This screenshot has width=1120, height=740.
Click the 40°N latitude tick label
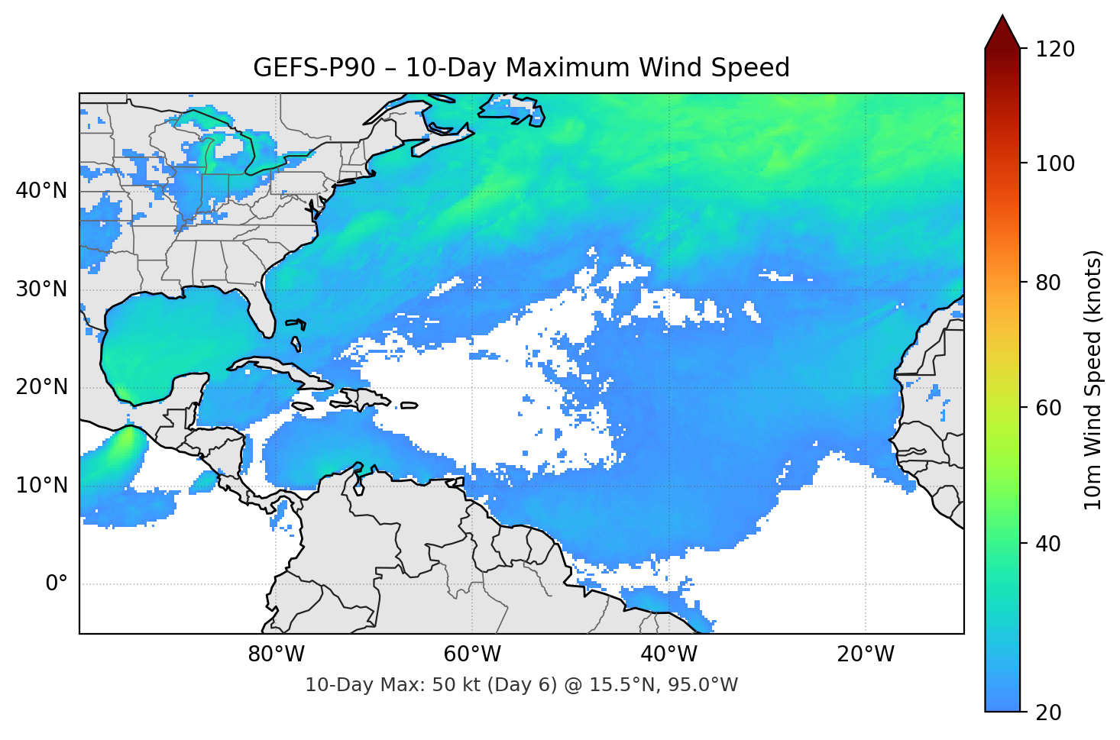[x=41, y=191]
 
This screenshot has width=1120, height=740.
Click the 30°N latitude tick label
[x=41, y=289]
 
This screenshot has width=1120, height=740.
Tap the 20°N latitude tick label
[x=41, y=387]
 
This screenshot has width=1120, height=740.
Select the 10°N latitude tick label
[x=41, y=486]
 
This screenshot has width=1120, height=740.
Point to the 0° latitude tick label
[x=57, y=584]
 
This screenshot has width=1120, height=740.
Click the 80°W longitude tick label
[x=276, y=654]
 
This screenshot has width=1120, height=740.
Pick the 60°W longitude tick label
[x=472, y=654]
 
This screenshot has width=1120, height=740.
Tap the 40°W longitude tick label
[x=669, y=654]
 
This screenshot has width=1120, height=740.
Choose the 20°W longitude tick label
[x=866, y=654]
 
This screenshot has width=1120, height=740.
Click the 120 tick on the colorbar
[x=1055, y=50]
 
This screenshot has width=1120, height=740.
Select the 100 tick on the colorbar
[x=1055, y=163]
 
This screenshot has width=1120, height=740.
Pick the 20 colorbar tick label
[x=1048, y=713]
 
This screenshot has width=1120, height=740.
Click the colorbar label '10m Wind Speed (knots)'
[x=1093, y=380]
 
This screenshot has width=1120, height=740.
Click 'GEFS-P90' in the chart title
[x=314, y=68]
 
